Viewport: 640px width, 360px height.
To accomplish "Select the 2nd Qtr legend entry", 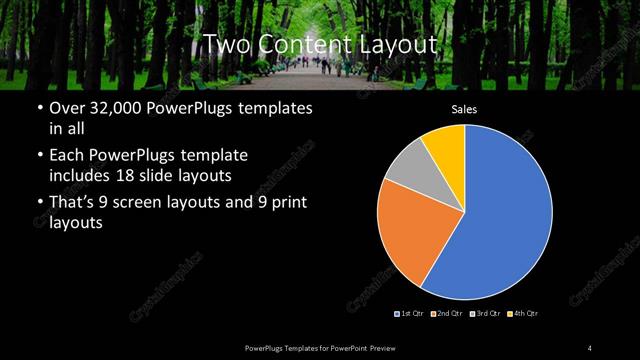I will coord(446,314).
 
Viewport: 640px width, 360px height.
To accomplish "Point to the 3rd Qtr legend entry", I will coord(484,314).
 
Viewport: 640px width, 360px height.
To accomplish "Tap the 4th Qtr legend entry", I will coord(521,314).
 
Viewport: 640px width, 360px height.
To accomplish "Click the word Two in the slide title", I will coord(226,44).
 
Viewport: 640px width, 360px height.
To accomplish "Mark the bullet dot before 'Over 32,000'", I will coord(39,108).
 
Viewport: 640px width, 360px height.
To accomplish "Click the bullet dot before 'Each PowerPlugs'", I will coord(39,156).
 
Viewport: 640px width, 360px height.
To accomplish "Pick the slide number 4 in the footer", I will coord(590,347).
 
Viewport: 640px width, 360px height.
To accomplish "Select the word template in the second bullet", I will coord(215,156).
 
